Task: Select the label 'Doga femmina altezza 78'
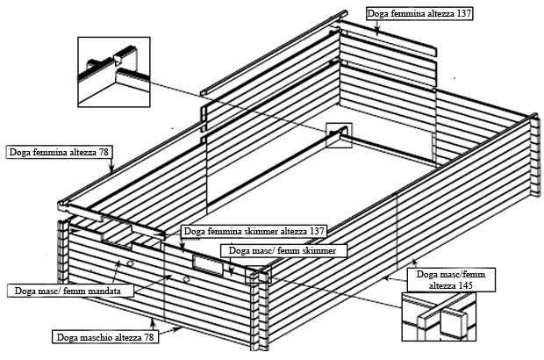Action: (x=59, y=152)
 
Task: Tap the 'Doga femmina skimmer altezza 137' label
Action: (x=254, y=231)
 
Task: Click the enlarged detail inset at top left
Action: (x=115, y=70)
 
